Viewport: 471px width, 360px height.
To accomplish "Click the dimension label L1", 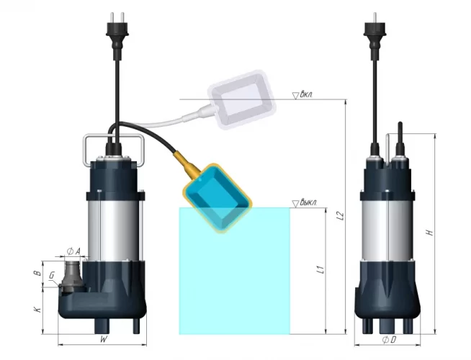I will coord(319,271).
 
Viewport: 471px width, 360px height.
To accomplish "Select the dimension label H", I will coord(429,233).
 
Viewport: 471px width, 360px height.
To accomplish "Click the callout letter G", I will coord(51,276).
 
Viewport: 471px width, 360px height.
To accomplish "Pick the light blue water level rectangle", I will coord(234,281).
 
